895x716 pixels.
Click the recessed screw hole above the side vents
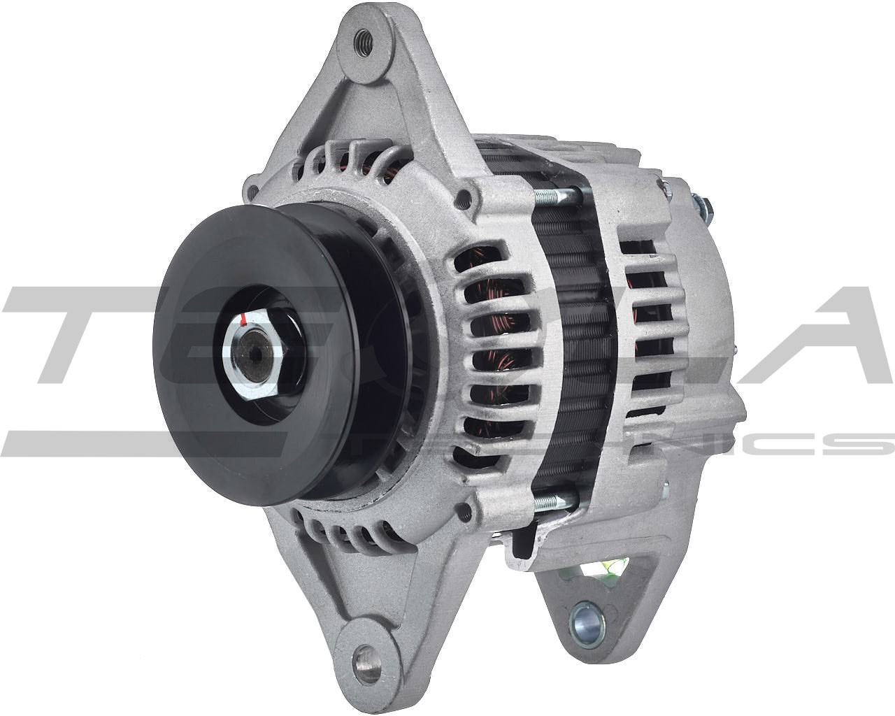[461, 199]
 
